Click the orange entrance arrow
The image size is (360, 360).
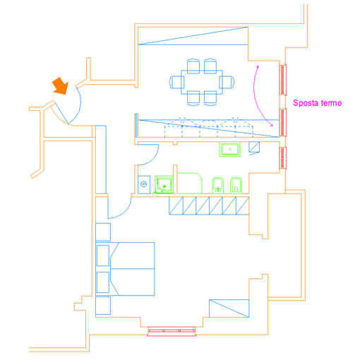[x=61, y=86]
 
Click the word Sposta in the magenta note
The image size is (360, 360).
[x=306, y=103]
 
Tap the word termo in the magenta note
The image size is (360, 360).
[x=331, y=103]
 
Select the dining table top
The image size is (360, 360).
[x=202, y=82]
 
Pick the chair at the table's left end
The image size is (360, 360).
[x=176, y=82]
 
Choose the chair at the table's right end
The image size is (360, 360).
[x=227, y=82]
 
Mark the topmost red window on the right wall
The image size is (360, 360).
[x=282, y=80]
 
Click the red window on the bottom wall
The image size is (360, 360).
[x=172, y=331]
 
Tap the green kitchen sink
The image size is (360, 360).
[x=229, y=149]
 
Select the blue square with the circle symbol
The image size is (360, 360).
[x=144, y=184]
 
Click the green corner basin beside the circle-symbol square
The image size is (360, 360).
[x=164, y=184]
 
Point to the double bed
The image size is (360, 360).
[x=125, y=269]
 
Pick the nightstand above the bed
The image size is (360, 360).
[x=103, y=232]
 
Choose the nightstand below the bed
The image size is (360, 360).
[x=103, y=306]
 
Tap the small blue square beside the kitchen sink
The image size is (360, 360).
[x=254, y=148]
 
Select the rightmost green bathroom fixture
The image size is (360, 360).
[x=236, y=186]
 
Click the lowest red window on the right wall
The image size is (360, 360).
[x=282, y=157]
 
